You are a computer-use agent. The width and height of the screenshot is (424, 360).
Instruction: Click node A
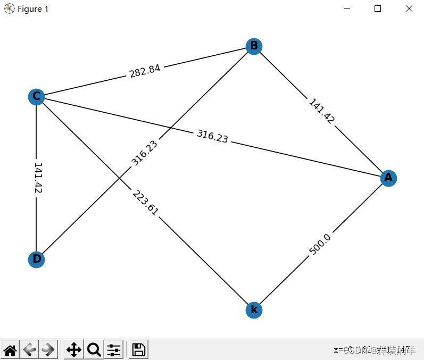tap(388, 178)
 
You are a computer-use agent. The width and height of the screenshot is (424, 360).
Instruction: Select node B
tap(254, 46)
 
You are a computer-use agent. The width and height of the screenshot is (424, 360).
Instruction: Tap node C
tap(36, 96)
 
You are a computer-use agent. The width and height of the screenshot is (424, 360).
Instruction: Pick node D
tap(36, 259)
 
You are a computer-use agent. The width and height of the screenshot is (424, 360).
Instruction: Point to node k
tap(254, 309)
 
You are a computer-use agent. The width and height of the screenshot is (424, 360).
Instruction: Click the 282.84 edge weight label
tap(145, 71)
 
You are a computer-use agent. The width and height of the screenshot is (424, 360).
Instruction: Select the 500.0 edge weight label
tap(320, 245)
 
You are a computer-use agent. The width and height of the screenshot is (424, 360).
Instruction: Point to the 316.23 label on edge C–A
tap(212, 137)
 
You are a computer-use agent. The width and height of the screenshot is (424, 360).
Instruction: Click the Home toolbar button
tap(10, 349)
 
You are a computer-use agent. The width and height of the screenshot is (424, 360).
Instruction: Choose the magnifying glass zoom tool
tap(94, 349)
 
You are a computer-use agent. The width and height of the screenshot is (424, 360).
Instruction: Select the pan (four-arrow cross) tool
tap(73, 349)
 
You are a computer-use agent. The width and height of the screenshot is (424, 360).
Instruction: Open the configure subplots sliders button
tap(114, 349)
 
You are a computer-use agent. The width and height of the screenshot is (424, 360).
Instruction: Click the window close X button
tap(409, 9)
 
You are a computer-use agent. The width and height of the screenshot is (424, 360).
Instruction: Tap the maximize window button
tap(378, 9)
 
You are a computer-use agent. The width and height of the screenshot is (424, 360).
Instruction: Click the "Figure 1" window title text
tap(33, 9)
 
